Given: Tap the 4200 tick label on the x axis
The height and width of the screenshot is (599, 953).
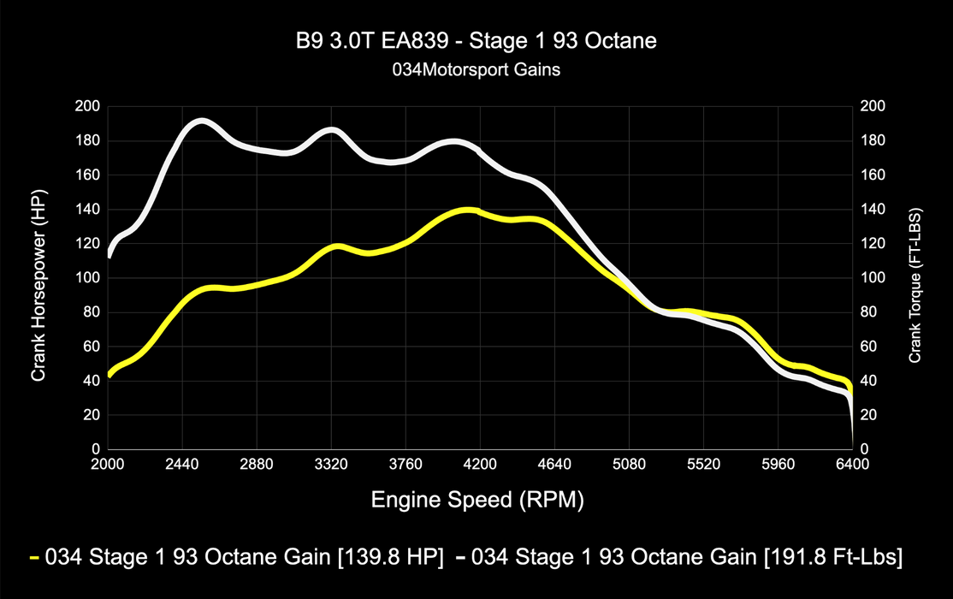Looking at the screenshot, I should tap(480, 465).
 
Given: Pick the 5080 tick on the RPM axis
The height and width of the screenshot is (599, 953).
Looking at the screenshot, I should tap(629, 465).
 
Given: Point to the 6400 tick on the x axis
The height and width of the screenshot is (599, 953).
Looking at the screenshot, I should tap(852, 465).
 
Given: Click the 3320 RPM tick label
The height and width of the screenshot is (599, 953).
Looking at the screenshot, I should tap(331, 465).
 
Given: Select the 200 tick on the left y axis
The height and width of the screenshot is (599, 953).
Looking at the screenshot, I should tap(89, 106).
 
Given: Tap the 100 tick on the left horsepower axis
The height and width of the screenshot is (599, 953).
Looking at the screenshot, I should tap(89, 278).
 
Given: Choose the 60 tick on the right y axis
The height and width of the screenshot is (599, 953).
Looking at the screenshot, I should tap(869, 347).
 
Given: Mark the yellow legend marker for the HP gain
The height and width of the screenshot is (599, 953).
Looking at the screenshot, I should tap(34, 558).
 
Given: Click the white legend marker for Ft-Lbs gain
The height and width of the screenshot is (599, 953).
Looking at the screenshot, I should tap(460, 558).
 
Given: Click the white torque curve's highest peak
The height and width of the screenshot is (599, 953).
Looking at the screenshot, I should tap(199, 122).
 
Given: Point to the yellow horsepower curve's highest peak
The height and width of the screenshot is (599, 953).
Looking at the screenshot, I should tap(467, 210).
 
